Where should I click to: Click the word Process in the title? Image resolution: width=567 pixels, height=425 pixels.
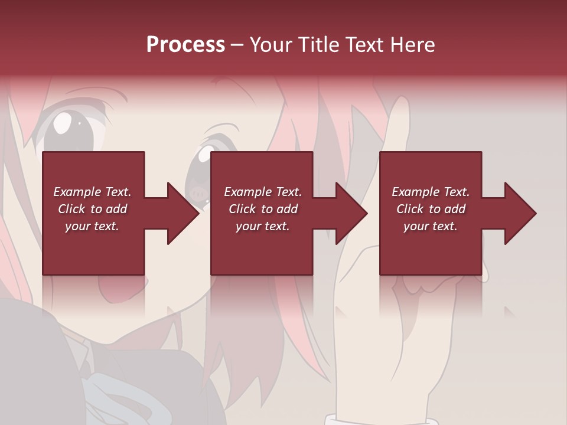[x=185, y=44]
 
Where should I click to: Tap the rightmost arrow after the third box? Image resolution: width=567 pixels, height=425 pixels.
[x=514, y=213]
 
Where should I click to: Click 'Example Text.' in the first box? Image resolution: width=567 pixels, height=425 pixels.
[x=92, y=192]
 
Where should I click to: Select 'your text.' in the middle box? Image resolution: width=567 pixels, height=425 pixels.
[x=262, y=226]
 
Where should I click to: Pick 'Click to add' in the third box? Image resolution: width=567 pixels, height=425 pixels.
[x=431, y=209]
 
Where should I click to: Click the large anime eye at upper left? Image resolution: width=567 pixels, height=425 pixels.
[x=68, y=127]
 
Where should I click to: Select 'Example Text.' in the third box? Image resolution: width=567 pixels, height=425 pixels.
[x=431, y=192]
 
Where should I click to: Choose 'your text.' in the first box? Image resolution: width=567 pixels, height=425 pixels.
[x=92, y=226]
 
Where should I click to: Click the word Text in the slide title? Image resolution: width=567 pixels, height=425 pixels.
[x=363, y=44]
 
